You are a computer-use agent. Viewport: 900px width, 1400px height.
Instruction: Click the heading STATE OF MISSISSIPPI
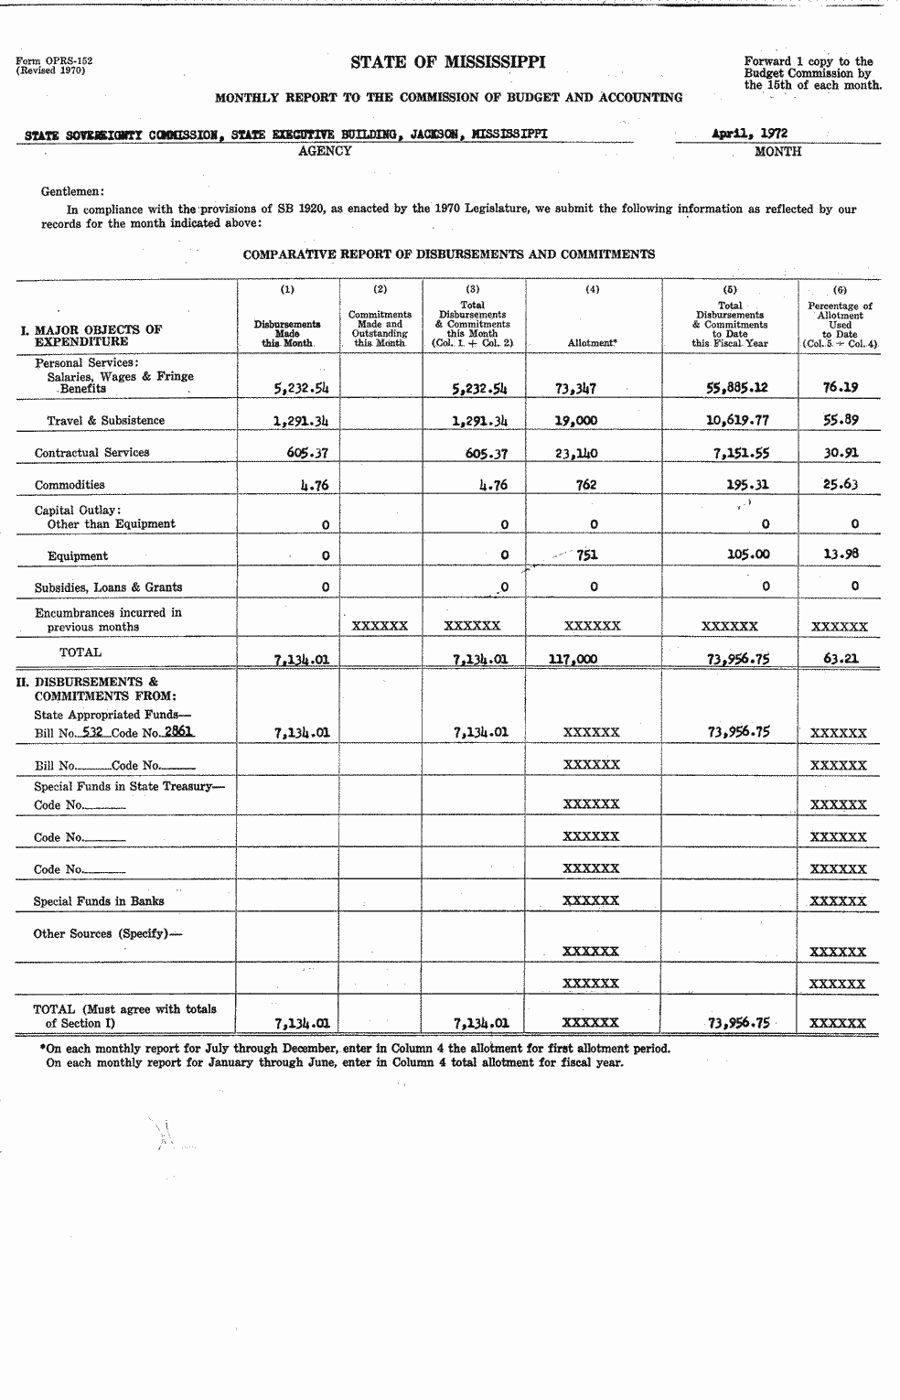(x=448, y=62)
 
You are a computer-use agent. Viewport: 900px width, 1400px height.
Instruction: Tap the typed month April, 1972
(x=749, y=134)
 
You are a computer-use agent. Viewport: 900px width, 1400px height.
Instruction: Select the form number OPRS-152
(x=54, y=61)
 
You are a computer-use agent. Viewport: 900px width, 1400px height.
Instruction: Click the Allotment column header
(x=592, y=342)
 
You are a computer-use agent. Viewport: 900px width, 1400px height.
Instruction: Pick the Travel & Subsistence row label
(x=106, y=421)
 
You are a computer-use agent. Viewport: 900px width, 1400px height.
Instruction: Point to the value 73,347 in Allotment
(x=575, y=388)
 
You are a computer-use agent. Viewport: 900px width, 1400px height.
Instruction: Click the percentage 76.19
(x=841, y=386)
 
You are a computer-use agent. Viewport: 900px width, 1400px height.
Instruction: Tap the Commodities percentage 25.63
(x=841, y=484)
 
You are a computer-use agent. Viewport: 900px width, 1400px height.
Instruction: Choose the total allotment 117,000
(x=573, y=658)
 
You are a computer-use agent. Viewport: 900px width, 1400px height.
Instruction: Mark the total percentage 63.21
(x=841, y=657)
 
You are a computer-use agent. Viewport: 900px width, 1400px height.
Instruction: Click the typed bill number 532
(x=92, y=732)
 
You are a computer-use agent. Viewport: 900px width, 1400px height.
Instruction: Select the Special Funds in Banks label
(x=99, y=901)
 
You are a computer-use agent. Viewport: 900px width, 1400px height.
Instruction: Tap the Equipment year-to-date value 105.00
(x=748, y=555)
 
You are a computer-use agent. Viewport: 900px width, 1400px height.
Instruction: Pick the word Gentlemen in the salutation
(x=72, y=191)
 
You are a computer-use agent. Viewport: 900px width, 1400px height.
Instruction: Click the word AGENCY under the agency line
(x=325, y=151)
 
